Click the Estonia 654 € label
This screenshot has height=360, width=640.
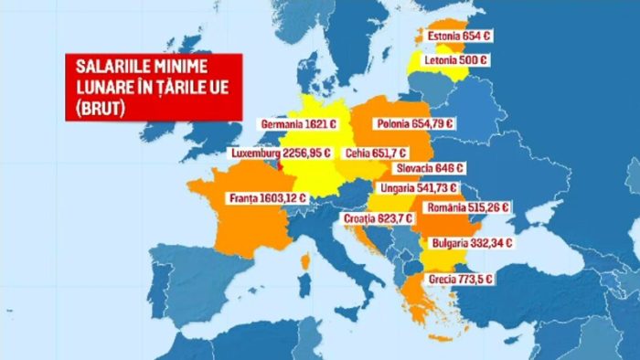point(455,37)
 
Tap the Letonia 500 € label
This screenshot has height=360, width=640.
point(455,60)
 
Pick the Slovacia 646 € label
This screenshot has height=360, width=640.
point(432,168)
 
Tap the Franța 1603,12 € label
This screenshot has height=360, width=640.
point(270,196)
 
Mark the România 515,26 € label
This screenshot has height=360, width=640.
point(466,207)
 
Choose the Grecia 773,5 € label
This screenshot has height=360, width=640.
point(462,279)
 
